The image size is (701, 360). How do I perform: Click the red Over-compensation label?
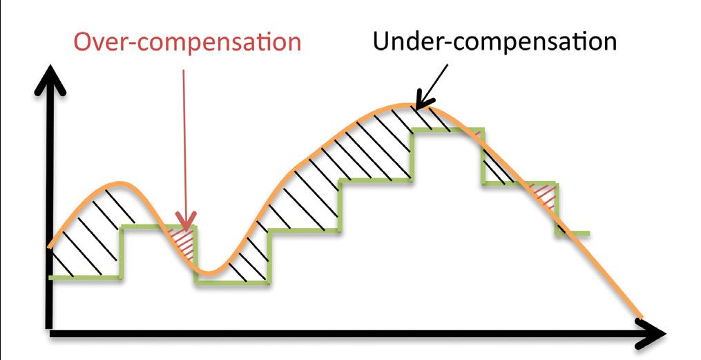tap(187, 42)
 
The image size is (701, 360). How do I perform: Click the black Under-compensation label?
tap(494, 41)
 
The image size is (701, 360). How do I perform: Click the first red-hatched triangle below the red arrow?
tap(185, 238)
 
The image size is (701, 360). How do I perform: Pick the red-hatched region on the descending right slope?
tap(546, 193)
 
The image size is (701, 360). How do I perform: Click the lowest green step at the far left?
tap(86, 278)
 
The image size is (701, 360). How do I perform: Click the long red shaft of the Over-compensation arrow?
tap(185, 138)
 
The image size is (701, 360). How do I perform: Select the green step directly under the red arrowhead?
tap(159, 226)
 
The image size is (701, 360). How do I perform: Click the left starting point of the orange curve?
tap(49, 245)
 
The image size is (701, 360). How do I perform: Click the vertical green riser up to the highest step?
tap(413, 155)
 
